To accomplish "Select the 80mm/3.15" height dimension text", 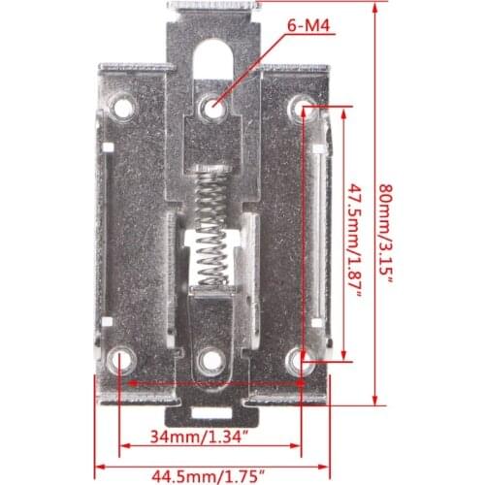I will click(388, 234).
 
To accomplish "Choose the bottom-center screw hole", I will click(210, 361).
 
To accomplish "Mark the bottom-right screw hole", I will click(302, 361).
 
